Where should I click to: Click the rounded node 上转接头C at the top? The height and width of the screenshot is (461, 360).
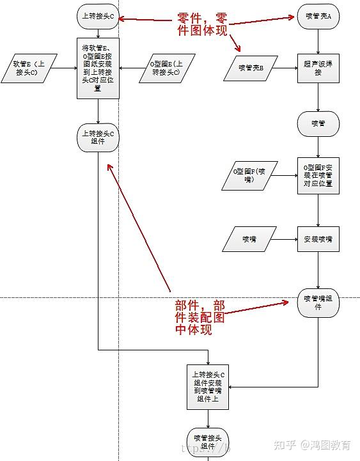(98, 15)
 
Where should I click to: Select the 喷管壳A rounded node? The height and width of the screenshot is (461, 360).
(318, 15)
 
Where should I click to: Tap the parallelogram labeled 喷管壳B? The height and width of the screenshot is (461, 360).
(250, 68)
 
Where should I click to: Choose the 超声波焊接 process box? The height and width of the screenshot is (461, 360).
(318, 68)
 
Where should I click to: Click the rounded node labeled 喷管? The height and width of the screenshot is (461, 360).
(318, 123)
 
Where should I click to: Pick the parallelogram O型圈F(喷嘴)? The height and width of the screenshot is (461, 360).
(249, 175)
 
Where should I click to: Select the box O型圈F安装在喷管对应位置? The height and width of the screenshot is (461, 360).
(318, 175)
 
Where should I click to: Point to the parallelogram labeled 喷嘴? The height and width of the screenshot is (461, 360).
(249, 239)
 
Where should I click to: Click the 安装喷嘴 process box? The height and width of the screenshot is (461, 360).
(318, 239)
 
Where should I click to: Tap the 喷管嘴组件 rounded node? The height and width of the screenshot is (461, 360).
(318, 302)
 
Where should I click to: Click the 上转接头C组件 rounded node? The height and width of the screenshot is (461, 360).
(98, 137)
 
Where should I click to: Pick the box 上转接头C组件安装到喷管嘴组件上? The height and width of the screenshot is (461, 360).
(208, 386)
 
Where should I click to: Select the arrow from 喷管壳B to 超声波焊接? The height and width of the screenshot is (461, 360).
(285, 68)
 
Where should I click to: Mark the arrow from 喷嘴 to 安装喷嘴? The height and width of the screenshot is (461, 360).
(285, 239)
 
